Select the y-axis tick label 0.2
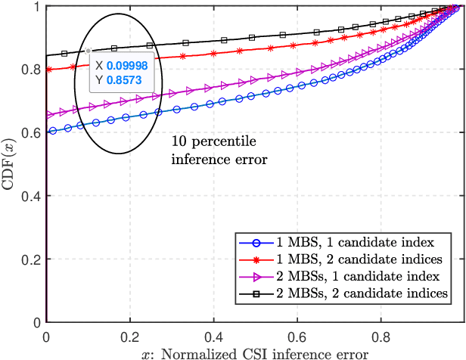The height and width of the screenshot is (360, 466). (x=31, y=259)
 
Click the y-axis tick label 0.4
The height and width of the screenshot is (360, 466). (x=31, y=196)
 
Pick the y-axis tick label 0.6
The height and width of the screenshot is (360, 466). (x=31, y=132)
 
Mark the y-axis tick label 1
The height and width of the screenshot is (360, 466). (x=36, y=6)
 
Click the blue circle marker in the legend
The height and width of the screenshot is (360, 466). (x=255, y=244)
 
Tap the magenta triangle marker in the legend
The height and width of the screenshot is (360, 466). (x=255, y=276)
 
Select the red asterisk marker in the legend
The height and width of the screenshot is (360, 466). (x=255, y=259)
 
